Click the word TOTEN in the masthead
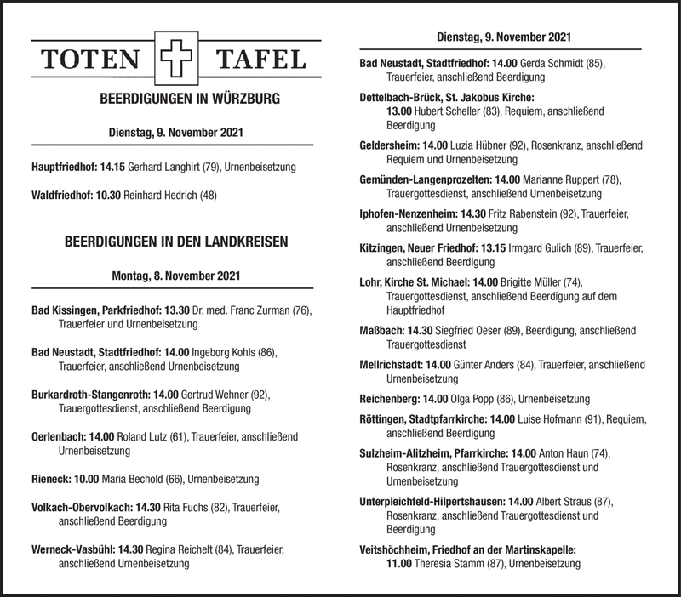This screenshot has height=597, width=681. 92,60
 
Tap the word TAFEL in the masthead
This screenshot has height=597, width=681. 261,60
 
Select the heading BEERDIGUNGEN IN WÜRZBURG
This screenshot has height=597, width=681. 177,99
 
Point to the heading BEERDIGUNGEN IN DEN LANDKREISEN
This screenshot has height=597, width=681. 176,242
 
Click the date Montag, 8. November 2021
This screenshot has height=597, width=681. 176,276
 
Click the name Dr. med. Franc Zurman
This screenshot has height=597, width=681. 240,311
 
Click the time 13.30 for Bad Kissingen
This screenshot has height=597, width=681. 175,311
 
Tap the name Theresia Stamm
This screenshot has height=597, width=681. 452,564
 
